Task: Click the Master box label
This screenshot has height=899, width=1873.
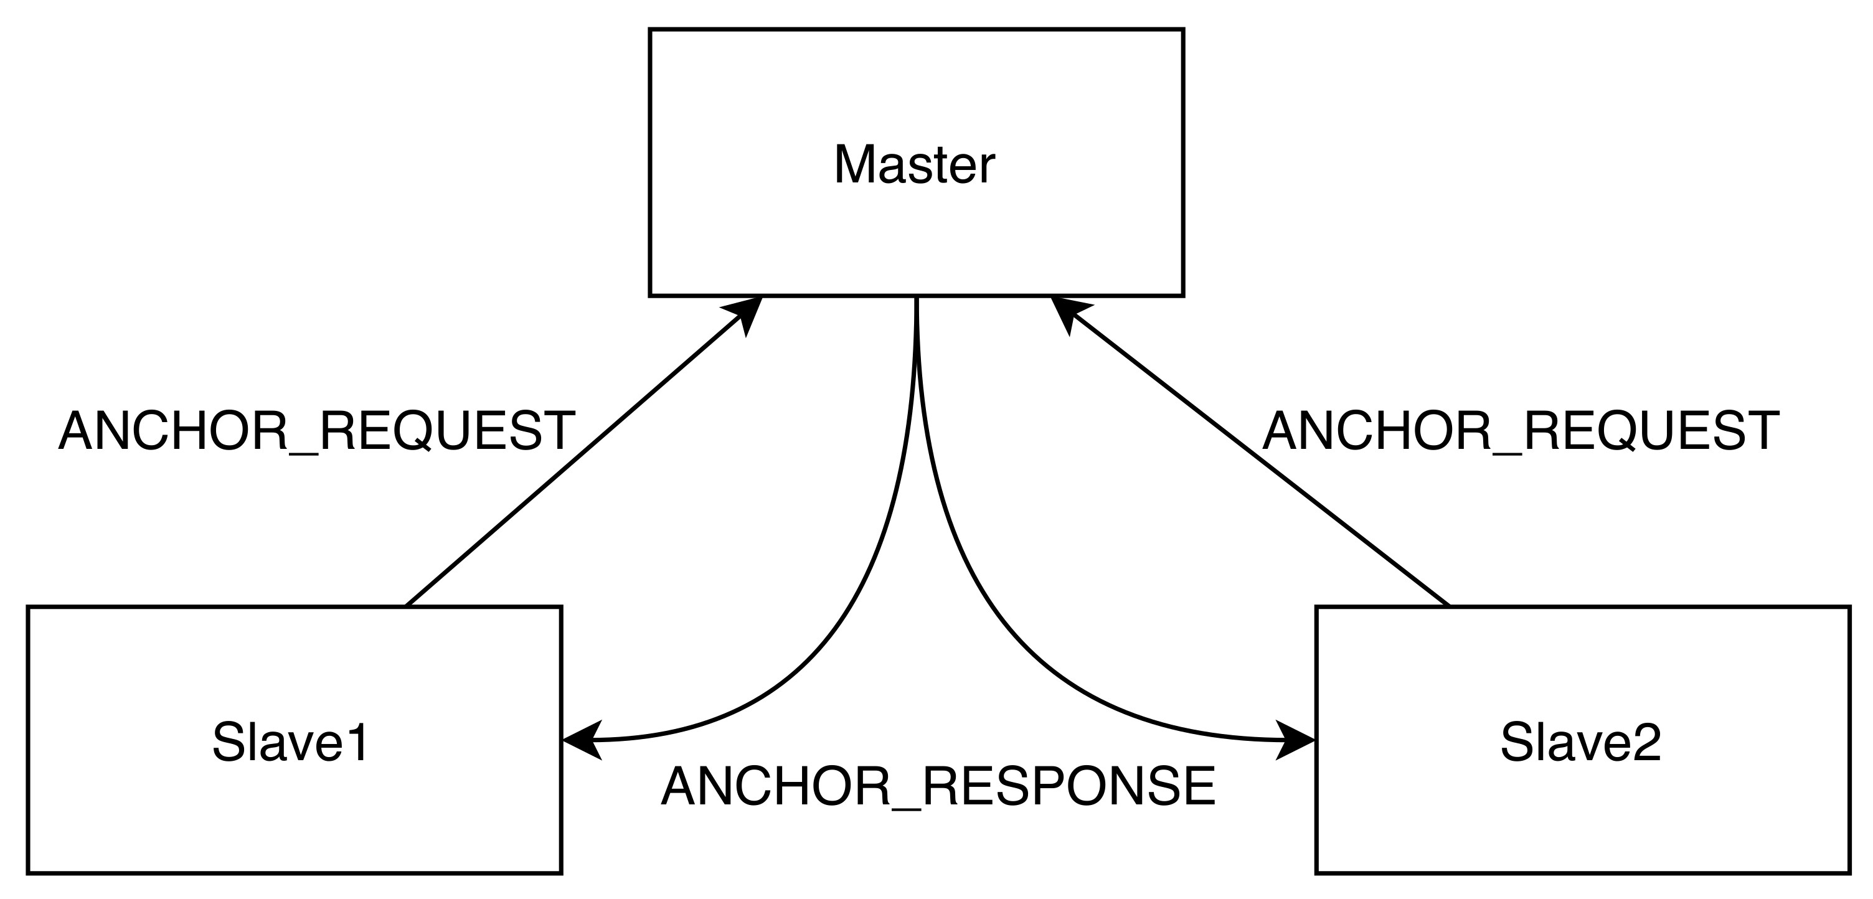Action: point(914,165)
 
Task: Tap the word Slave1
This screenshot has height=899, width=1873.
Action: point(291,742)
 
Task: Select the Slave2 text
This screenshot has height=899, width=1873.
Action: point(1581,742)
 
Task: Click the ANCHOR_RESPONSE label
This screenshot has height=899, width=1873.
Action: point(938,786)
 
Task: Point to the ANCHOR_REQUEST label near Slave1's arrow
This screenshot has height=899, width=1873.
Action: point(317,431)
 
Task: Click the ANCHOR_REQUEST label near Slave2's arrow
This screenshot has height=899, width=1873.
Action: point(1521,431)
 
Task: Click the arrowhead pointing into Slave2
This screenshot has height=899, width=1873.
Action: point(1296,741)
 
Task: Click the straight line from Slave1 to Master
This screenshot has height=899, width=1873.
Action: point(574,459)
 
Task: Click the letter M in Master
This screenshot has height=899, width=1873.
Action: point(851,165)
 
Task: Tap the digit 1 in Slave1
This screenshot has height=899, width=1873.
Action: point(359,742)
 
